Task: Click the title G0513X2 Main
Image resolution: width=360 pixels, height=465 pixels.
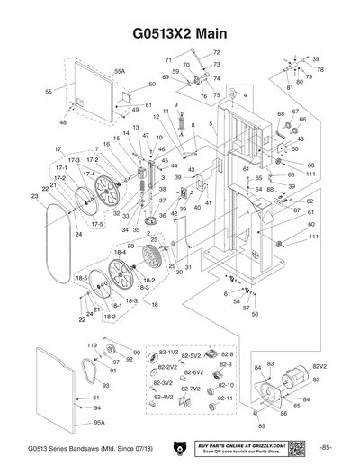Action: click(180, 33)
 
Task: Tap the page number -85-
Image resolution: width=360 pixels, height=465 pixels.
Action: click(327, 447)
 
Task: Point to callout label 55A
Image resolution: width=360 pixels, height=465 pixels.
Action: click(120, 69)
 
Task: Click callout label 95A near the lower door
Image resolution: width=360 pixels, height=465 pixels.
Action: click(99, 421)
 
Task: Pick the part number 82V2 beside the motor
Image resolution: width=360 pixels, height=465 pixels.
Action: click(319, 367)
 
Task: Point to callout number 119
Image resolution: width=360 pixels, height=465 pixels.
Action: click(92, 345)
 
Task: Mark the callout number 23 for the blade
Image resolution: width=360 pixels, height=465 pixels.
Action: click(35, 195)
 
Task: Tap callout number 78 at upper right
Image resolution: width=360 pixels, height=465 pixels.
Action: click(320, 69)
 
